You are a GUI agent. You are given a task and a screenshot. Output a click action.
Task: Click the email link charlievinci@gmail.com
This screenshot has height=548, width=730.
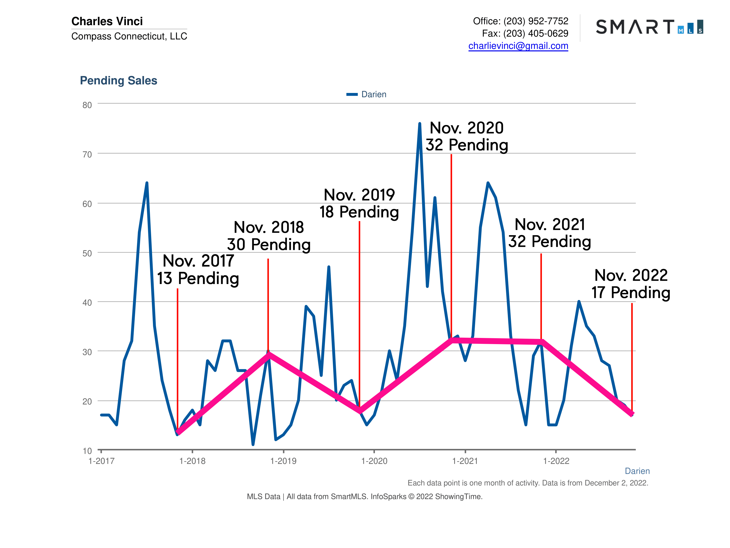coord(518,46)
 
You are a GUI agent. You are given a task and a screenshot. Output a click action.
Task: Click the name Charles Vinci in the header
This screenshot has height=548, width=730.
coord(107,21)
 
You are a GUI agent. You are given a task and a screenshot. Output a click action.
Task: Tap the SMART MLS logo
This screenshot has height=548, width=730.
coord(649,27)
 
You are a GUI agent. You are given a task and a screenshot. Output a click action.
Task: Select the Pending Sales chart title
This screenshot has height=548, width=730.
coord(119,80)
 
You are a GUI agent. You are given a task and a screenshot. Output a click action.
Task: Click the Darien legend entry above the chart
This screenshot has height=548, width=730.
coord(366,94)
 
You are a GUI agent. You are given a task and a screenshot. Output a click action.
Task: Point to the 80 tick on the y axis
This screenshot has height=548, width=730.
coord(87,105)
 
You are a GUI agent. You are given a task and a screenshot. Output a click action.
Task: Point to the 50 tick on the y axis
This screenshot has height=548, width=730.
coord(87,253)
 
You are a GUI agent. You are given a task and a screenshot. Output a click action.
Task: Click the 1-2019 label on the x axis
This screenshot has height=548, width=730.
coord(283,461)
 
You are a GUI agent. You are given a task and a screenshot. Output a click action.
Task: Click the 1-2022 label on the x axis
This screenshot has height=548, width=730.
coord(556,461)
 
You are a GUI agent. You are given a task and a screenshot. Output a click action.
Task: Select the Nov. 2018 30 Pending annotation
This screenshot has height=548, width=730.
coord(269,235)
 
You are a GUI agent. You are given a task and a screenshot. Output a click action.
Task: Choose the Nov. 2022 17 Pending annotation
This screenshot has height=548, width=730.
coord(631,284)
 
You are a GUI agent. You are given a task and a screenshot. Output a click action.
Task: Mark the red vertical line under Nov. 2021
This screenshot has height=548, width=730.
coord(541,297)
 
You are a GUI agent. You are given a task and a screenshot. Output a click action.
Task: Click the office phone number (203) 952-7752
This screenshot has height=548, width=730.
coord(536,21)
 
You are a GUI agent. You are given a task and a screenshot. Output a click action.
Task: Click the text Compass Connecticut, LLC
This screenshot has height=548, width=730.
coord(129,36)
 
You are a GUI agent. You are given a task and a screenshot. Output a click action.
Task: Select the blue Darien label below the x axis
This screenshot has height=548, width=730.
coord(637,471)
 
